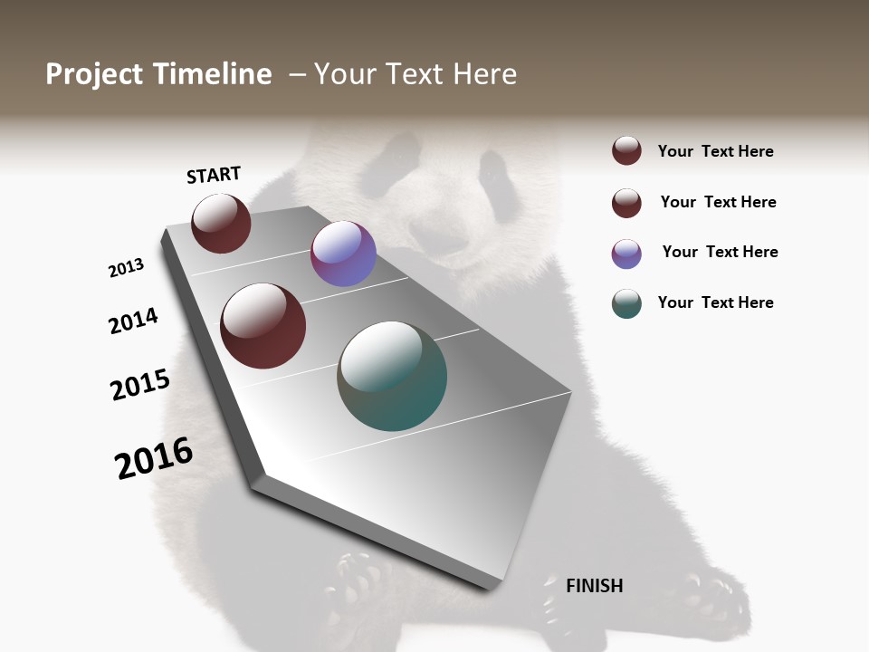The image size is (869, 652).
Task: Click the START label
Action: [214, 175]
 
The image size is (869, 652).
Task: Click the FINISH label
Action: [594, 586]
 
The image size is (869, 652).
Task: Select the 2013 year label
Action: [126, 268]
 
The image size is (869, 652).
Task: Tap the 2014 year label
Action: [133, 321]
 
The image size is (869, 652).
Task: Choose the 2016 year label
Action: [154, 458]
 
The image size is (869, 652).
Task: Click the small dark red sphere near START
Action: [221, 223]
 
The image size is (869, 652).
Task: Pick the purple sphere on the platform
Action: [343, 254]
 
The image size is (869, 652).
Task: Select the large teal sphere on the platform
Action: [392, 376]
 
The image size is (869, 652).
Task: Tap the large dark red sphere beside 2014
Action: [263, 326]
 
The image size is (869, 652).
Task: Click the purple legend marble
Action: [626, 254]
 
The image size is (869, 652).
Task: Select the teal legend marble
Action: [626, 303]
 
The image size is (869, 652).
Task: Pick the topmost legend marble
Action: [626, 150]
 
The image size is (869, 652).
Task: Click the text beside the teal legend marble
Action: [715, 302]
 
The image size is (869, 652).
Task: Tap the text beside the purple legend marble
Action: [720, 252]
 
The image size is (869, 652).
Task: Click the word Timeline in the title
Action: [214, 74]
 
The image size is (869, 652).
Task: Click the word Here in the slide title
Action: [484, 74]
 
